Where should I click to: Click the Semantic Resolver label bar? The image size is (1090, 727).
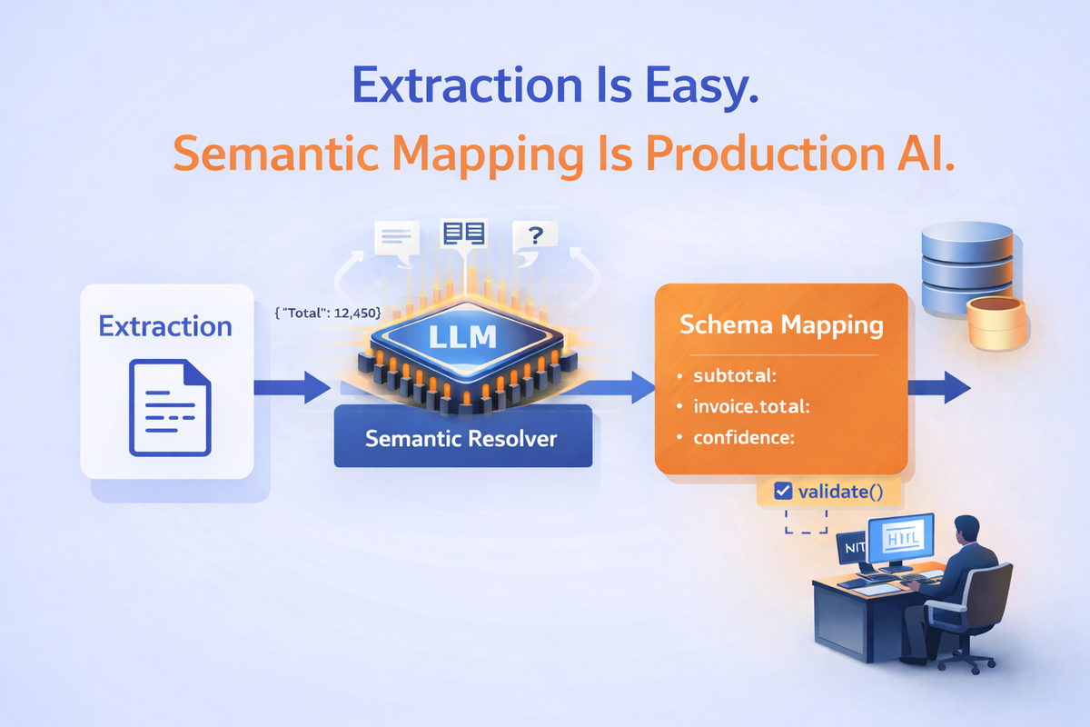(x=461, y=438)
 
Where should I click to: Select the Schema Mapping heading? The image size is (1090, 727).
(x=781, y=324)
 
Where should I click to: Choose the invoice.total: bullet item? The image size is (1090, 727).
(x=750, y=406)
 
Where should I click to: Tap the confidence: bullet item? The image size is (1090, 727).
(x=743, y=437)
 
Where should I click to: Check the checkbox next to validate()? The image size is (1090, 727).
(x=783, y=492)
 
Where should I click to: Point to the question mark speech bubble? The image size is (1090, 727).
(x=536, y=237)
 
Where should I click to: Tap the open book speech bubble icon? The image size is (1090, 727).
(x=463, y=234)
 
